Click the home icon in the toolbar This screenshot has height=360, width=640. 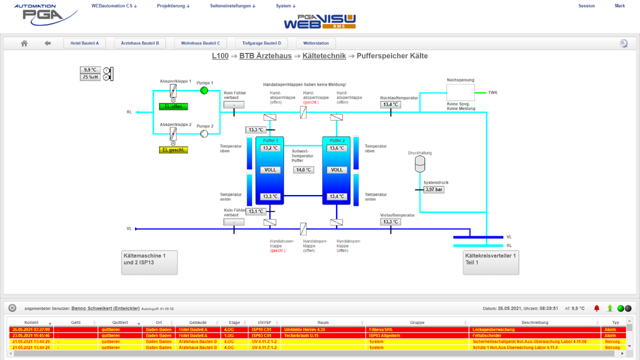pos(25,43)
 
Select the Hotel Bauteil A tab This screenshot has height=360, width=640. pos(85,43)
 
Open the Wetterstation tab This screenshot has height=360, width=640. pos(316,43)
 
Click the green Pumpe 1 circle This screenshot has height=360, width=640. pos(204,91)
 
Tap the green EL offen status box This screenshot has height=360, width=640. pos(173,107)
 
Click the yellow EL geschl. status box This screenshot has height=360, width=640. pos(173,150)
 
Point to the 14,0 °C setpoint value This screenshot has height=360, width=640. pos(304,170)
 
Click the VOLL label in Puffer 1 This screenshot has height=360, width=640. pos(270,170)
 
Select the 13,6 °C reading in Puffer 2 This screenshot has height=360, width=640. pos(336,148)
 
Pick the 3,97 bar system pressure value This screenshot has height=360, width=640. pos(434,190)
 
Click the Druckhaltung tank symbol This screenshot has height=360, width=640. pos(420,164)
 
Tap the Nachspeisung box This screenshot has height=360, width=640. pos(461,92)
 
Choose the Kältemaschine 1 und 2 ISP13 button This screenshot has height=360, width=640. pos(149,262)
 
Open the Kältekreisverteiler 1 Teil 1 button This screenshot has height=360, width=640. pos(491,262)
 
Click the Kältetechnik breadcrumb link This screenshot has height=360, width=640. pos(324,56)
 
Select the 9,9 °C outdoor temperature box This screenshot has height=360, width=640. pos(90,70)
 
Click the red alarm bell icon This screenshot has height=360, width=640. pos(597,308)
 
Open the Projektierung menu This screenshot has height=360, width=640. pos(173,6)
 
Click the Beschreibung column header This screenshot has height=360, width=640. pos(534,323)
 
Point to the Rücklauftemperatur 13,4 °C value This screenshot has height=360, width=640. pos(390,105)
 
